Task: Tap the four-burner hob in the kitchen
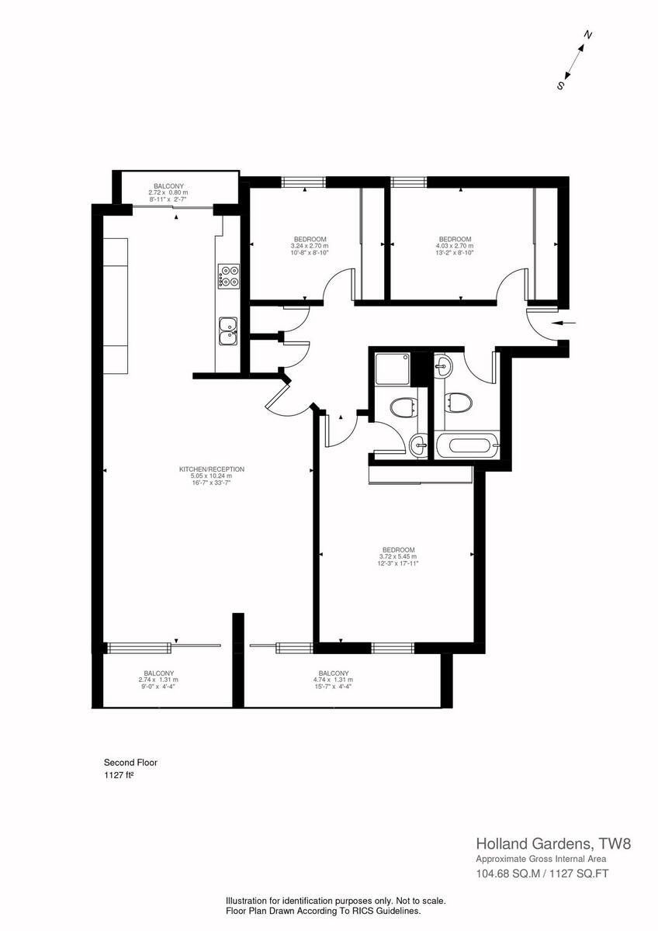[x=229, y=276]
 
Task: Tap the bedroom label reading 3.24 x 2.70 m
[x=310, y=245]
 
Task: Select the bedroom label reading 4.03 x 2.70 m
[x=455, y=245]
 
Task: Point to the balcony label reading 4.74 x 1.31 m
[x=334, y=679]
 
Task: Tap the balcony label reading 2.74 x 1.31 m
[x=158, y=679]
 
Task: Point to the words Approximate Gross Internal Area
[x=540, y=859]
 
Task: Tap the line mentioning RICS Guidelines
[x=324, y=911]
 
